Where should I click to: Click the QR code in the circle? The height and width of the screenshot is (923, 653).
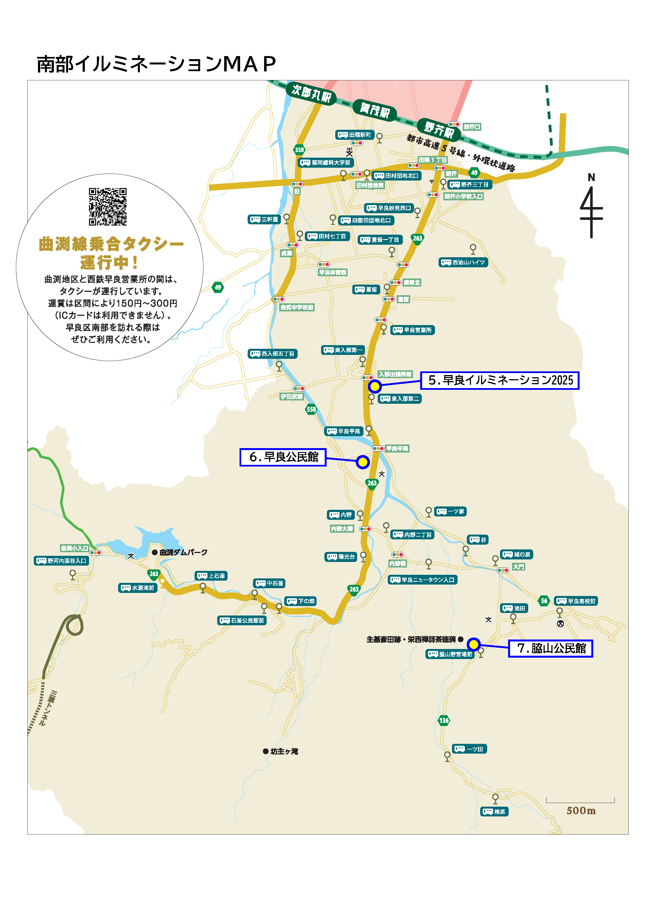click(x=107, y=207)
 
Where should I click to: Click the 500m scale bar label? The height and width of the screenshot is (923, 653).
click(x=581, y=811)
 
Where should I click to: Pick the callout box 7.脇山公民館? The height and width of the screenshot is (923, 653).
click(x=551, y=648)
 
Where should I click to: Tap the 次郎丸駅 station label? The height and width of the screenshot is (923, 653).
click(x=311, y=93)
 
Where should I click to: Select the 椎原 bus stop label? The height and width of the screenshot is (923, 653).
click(x=494, y=812)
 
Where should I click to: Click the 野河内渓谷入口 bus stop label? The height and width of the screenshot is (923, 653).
click(x=61, y=561)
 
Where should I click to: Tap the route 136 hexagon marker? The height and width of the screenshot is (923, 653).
click(x=444, y=720)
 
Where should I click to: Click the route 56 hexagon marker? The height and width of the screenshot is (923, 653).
click(x=544, y=601)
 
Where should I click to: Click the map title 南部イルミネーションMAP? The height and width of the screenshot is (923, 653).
click(x=156, y=64)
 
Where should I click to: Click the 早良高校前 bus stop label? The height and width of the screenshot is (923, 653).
click(x=576, y=601)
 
